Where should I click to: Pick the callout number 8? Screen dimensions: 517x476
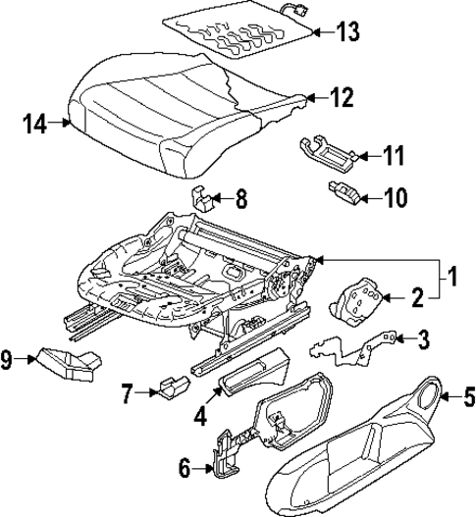pos(238,201)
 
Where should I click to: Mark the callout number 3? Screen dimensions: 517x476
pos(422,339)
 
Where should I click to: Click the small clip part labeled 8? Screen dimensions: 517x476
pos(203,199)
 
